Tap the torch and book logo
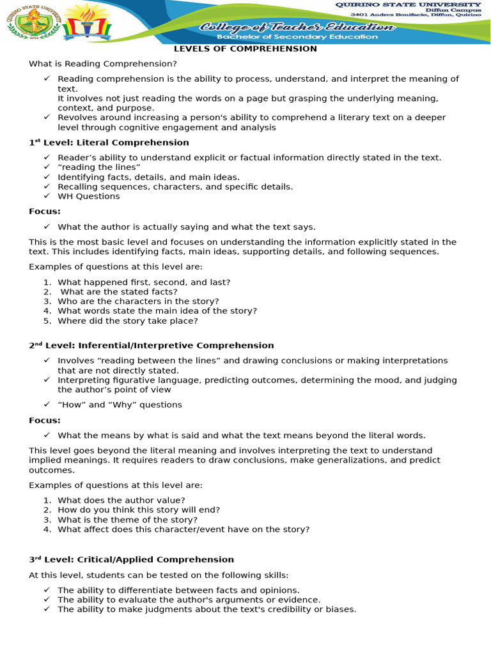coord(88,22)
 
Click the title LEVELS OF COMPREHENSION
coord(246,49)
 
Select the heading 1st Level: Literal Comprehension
coord(109,142)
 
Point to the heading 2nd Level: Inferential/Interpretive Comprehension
coord(151,346)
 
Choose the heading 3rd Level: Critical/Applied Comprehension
coord(131,559)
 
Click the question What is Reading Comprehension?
coord(102,64)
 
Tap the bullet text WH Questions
coord(88,196)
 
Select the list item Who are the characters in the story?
coord(138,301)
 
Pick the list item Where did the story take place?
coord(128,321)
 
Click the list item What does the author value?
coord(121,500)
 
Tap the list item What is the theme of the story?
coord(127,519)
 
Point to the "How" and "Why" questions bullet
coord(120,404)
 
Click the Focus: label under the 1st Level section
coord(45,211)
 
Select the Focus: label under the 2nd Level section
coord(45,420)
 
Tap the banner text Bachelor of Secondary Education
coord(297,37)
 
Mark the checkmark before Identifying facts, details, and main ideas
coord(47,177)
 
